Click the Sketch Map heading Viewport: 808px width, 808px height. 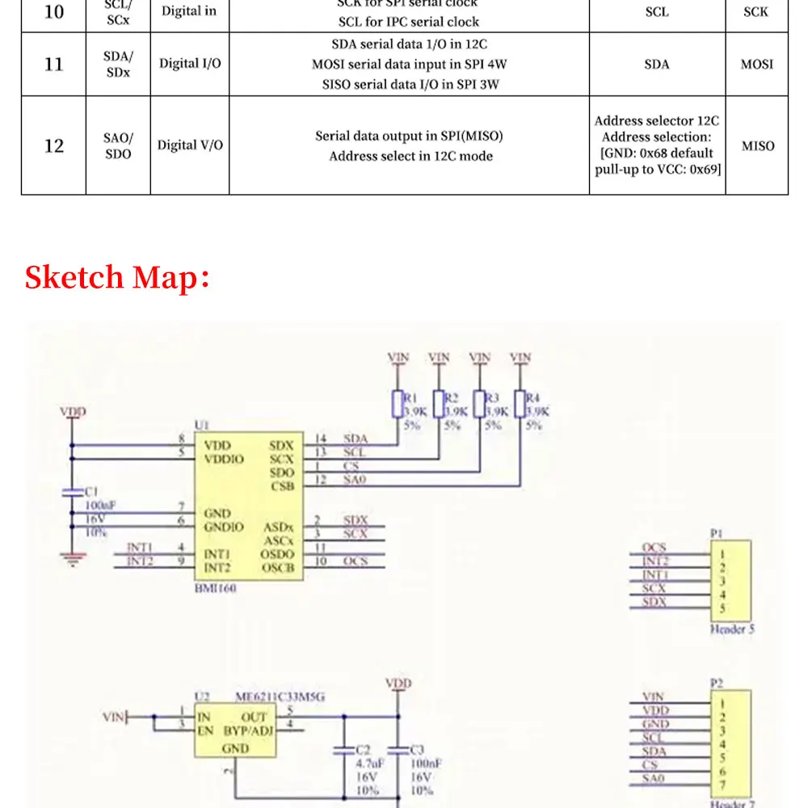[x=118, y=277]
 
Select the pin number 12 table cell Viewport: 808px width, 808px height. [x=53, y=145]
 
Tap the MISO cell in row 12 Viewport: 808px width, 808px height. [x=757, y=145]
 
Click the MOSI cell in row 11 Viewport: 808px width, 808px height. [x=757, y=64]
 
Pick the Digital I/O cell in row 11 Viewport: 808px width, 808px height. [x=190, y=63]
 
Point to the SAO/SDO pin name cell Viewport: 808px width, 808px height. [x=118, y=145]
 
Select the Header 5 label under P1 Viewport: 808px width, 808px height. [x=732, y=629]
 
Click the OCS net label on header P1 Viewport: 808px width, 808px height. [x=654, y=549]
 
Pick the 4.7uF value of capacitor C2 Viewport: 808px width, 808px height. [x=368, y=762]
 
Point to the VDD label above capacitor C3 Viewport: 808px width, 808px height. [x=398, y=684]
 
